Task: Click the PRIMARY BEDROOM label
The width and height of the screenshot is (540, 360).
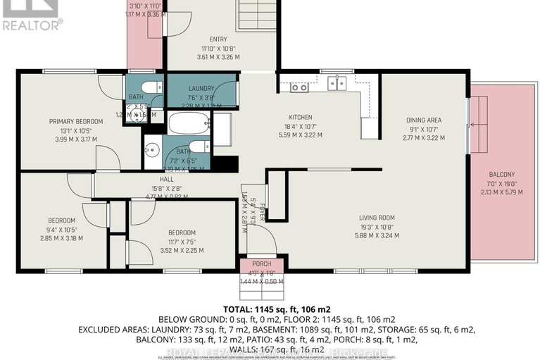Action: pyautogui.click(x=76, y=121)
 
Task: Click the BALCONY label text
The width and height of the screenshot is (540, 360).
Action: pyautogui.click(x=502, y=175)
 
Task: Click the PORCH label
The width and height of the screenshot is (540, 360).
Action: pyautogui.click(x=261, y=264)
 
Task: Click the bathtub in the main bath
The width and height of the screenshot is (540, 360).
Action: pyautogui.click(x=189, y=125)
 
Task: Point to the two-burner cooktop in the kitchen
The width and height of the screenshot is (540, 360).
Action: pyautogui.click(x=299, y=87)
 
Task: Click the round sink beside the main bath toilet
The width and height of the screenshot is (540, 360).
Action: pyautogui.click(x=153, y=151)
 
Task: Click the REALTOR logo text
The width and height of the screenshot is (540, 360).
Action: pyautogui.click(x=32, y=25)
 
